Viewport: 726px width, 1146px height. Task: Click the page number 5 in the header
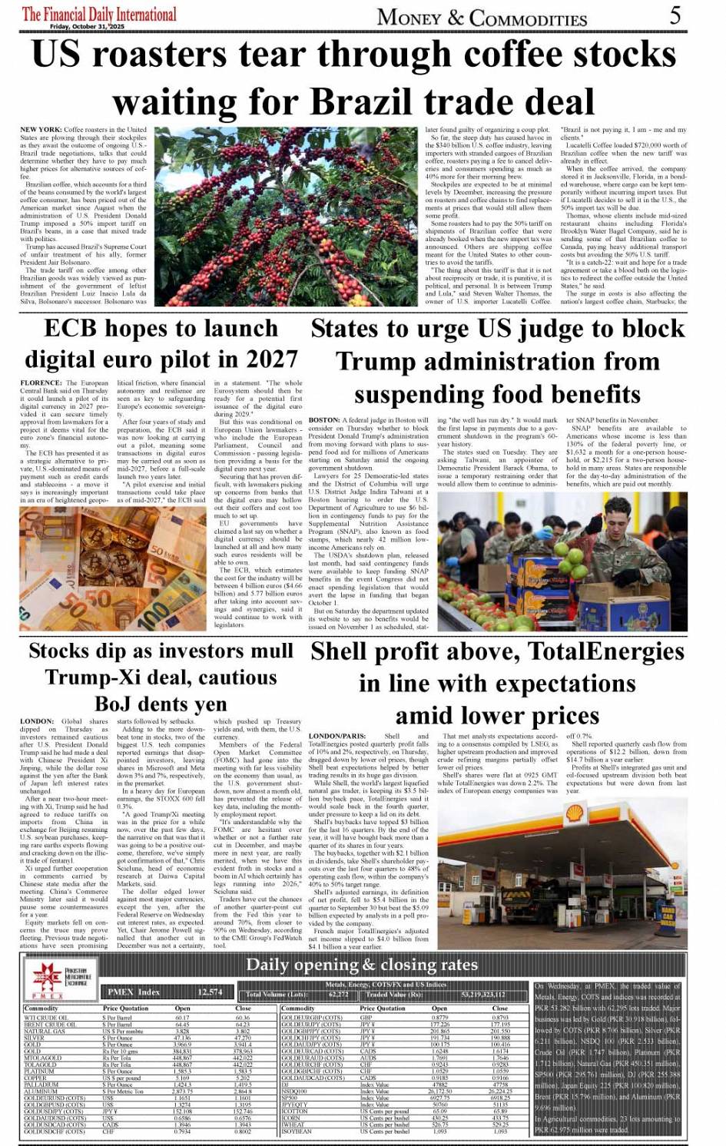[674, 15]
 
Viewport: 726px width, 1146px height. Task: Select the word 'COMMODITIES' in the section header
[528, 17]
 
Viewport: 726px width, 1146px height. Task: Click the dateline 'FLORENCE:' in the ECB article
[41, 383]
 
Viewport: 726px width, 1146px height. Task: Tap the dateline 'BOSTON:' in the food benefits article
[324, 420]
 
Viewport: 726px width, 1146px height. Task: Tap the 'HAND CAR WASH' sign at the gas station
[668, 914]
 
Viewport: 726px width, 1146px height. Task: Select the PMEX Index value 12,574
[210, 992]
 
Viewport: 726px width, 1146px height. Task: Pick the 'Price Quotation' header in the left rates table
[125, 1009]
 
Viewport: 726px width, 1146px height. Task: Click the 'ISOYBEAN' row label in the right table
[297, 1131]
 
